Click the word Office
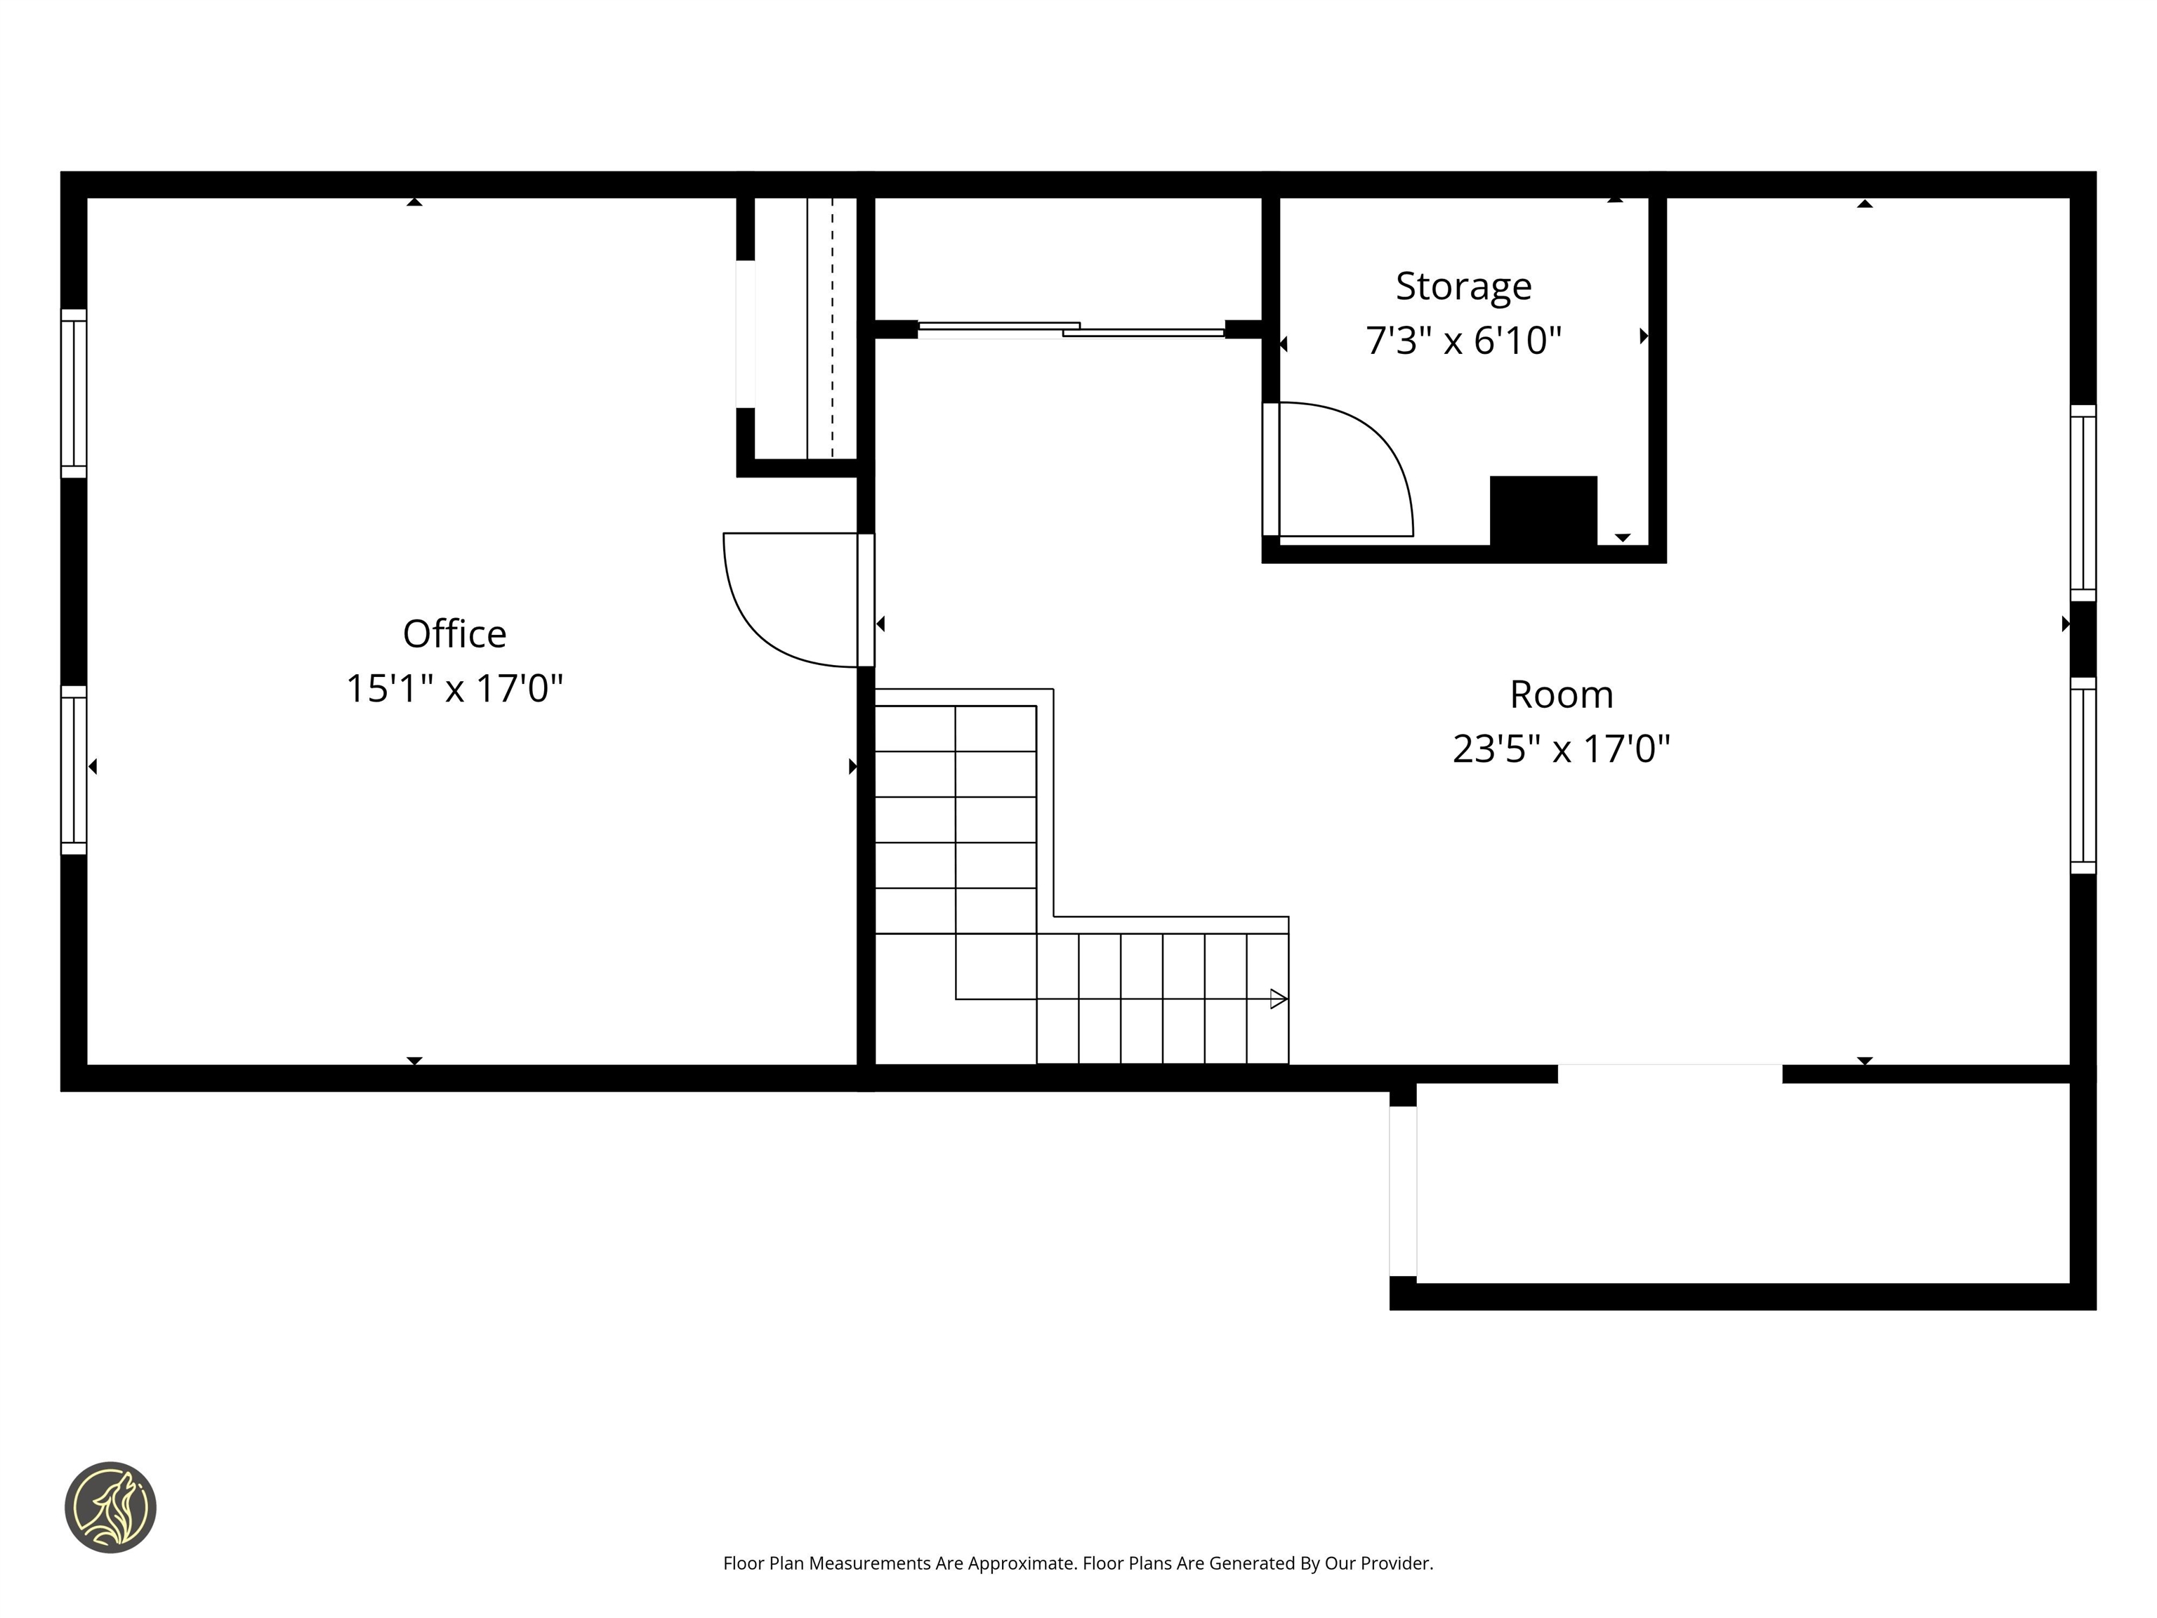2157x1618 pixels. tap(454, 634)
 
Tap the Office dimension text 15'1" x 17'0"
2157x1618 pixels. tap(454, 688)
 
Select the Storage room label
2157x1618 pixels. tap(1463, 286)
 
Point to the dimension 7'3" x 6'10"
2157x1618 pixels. tap(1463, 341)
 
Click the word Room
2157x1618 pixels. tap(1561, 695)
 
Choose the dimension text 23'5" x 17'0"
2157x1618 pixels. tap(1561, 749)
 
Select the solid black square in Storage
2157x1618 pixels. tap(1543, 510)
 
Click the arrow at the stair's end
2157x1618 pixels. tap(1277, 999)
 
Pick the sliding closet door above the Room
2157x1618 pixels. tap(1071, 329)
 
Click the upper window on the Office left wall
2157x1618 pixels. tap(74, 393)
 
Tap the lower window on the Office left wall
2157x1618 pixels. tap(74, 770)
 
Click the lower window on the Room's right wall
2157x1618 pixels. tap(2082, 775)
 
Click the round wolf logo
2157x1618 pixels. tap(110, 1507)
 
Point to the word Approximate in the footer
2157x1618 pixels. tap(1021, 1563)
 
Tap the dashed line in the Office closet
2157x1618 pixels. tap(832, 328)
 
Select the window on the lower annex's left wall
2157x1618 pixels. tap(1402, 1191)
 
